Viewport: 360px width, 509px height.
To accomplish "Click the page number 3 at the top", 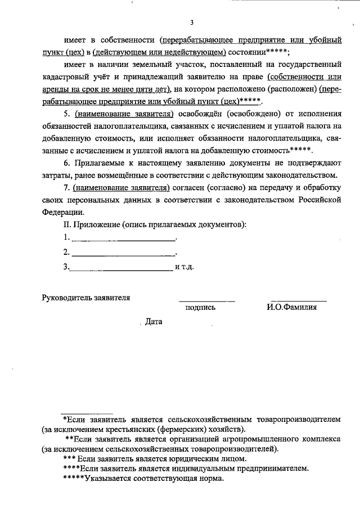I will coord(191,22).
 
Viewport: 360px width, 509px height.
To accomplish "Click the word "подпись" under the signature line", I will coord(200,308).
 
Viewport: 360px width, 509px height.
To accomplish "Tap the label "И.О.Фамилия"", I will coord(292,308).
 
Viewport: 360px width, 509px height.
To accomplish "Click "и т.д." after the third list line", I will coord(184,267).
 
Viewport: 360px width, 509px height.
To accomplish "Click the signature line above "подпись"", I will coord(206,301).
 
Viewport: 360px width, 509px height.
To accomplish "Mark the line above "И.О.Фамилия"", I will coord(298,301).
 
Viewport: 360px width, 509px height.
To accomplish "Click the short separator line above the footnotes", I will coord(86,413).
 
